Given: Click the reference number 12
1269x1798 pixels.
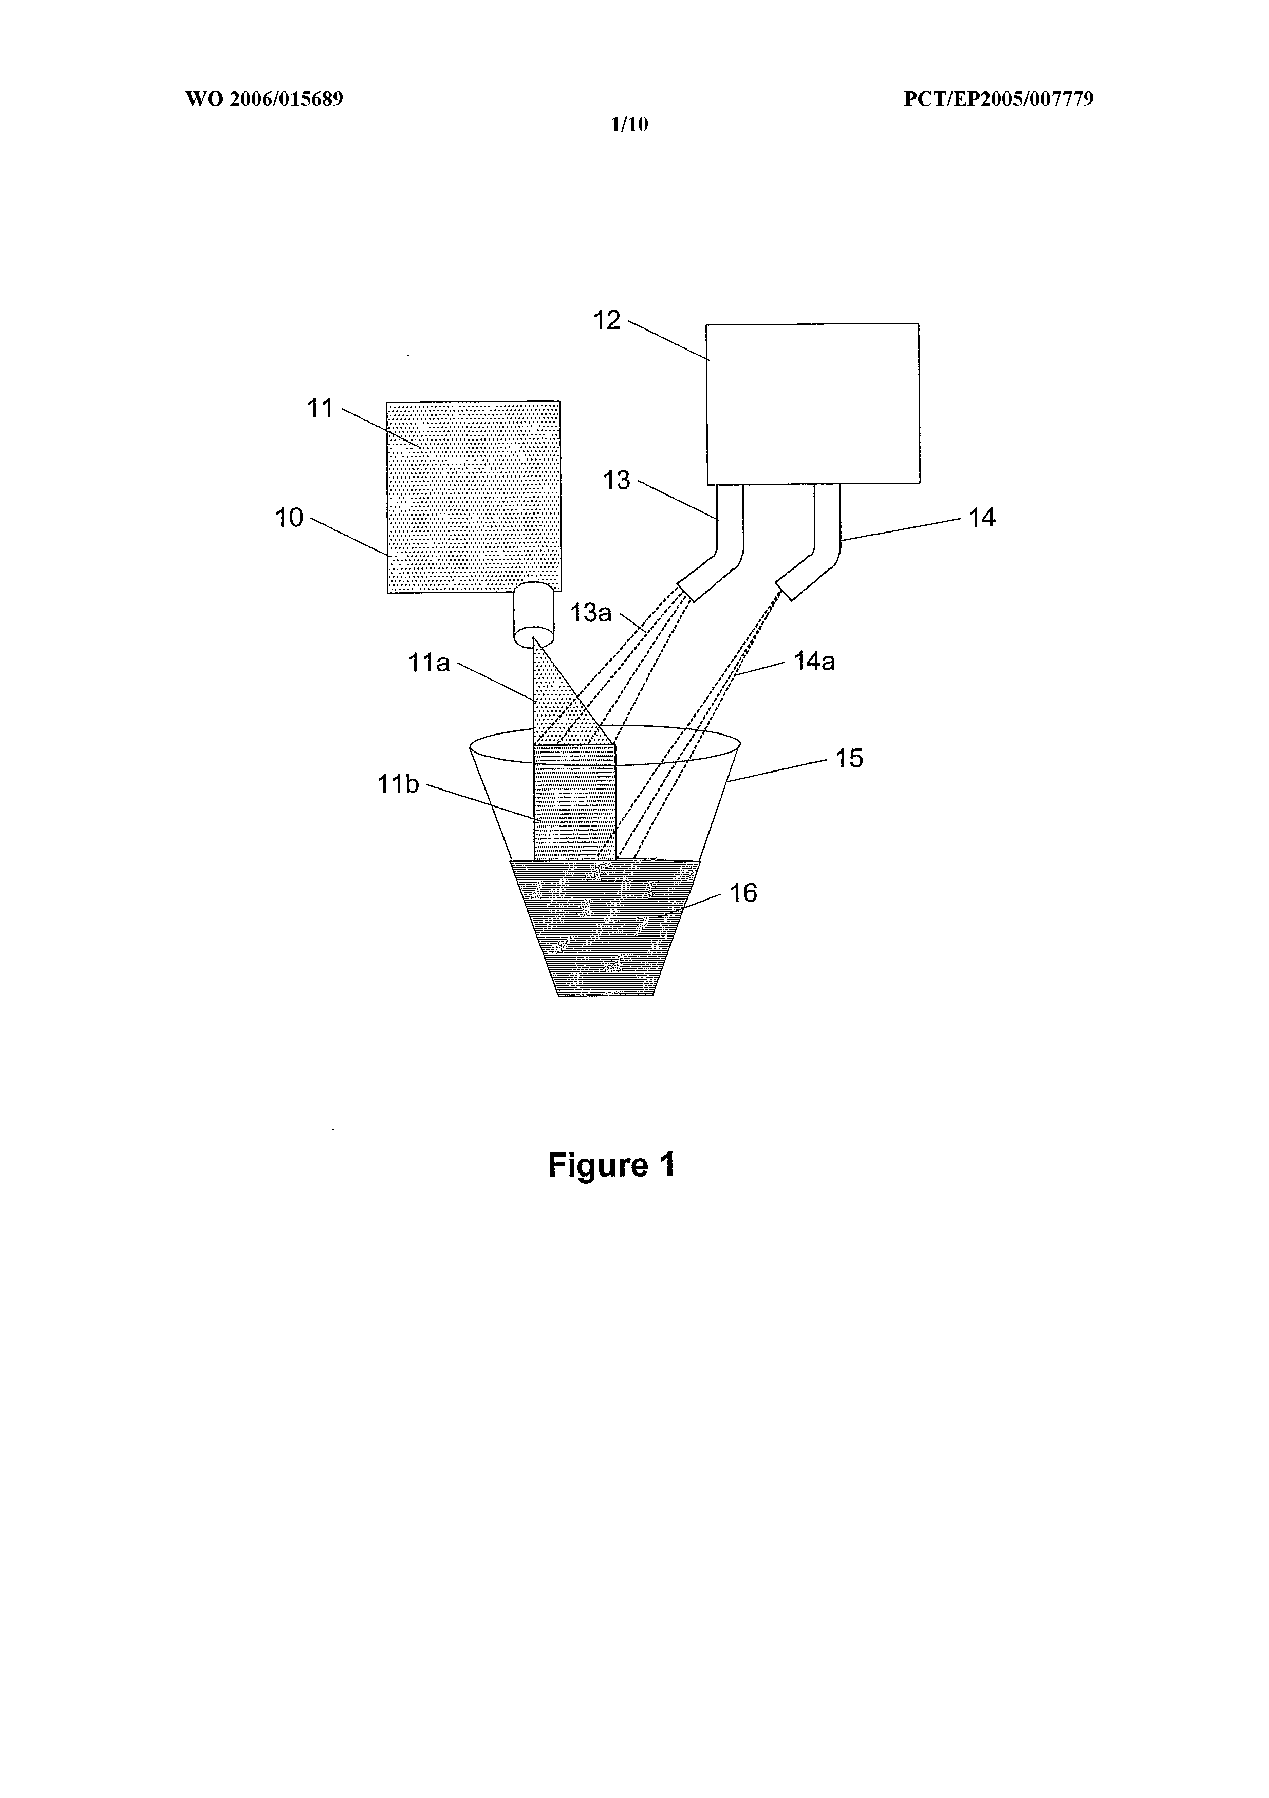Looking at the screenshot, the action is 607,320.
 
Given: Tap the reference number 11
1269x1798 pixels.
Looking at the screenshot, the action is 320,408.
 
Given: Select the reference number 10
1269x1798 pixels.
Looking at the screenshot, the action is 290,518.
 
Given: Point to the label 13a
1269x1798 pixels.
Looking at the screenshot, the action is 591,612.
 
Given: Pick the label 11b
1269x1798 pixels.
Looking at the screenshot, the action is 399,784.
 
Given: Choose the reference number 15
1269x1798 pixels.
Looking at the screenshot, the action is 849,758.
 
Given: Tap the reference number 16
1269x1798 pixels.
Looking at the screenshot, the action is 744,893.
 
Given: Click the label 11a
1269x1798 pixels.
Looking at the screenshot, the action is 429,663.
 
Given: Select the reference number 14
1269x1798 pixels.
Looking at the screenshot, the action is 982,518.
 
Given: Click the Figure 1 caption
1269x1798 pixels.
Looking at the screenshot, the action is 611,1164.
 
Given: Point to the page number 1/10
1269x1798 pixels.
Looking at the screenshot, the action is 629,124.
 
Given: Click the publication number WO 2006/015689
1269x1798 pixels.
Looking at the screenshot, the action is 265,99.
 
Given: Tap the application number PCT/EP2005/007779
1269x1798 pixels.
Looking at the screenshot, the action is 999,99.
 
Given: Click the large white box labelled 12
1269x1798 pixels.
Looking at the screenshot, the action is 813,403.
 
